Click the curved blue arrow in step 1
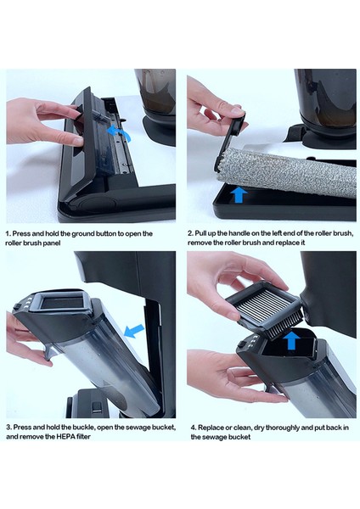tap(120, 133)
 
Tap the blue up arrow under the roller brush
tap(239, 194)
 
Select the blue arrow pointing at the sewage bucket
tap(134, 331)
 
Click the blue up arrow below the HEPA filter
tap(291, 340)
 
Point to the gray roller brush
tap(286, 173)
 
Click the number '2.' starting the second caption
tap(190, 233)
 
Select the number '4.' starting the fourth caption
tap(194, 428)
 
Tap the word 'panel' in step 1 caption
tap(52, 243)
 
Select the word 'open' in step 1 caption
tap(125, 234)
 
